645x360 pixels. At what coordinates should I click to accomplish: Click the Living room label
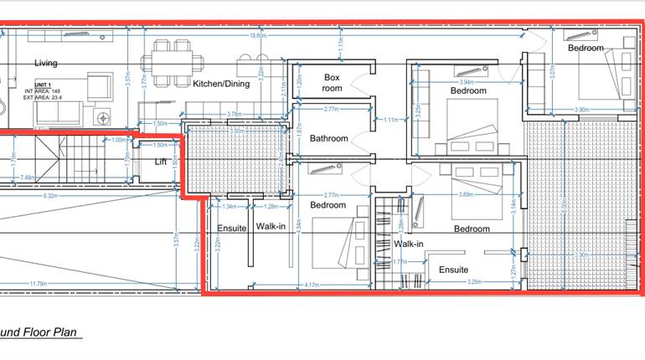tap(46, 63)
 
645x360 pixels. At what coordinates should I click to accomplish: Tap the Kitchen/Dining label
tap(222, 84)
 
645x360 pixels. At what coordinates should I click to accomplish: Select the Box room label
tap(333, 82)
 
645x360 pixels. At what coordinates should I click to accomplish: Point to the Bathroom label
tap(328, 138)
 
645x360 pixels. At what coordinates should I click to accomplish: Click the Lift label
tap(161, 162)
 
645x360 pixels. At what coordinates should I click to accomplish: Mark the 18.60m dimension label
tap(257, 36)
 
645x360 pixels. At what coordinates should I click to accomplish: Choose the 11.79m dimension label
tap(38, 285)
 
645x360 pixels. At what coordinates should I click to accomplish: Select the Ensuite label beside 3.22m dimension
tap(230, 227)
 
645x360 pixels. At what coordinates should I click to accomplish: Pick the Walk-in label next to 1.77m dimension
tap(409, 244)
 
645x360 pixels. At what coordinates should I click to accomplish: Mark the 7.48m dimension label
tap(27, 177)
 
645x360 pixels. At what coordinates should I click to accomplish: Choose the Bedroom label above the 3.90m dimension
tap(586, 48)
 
